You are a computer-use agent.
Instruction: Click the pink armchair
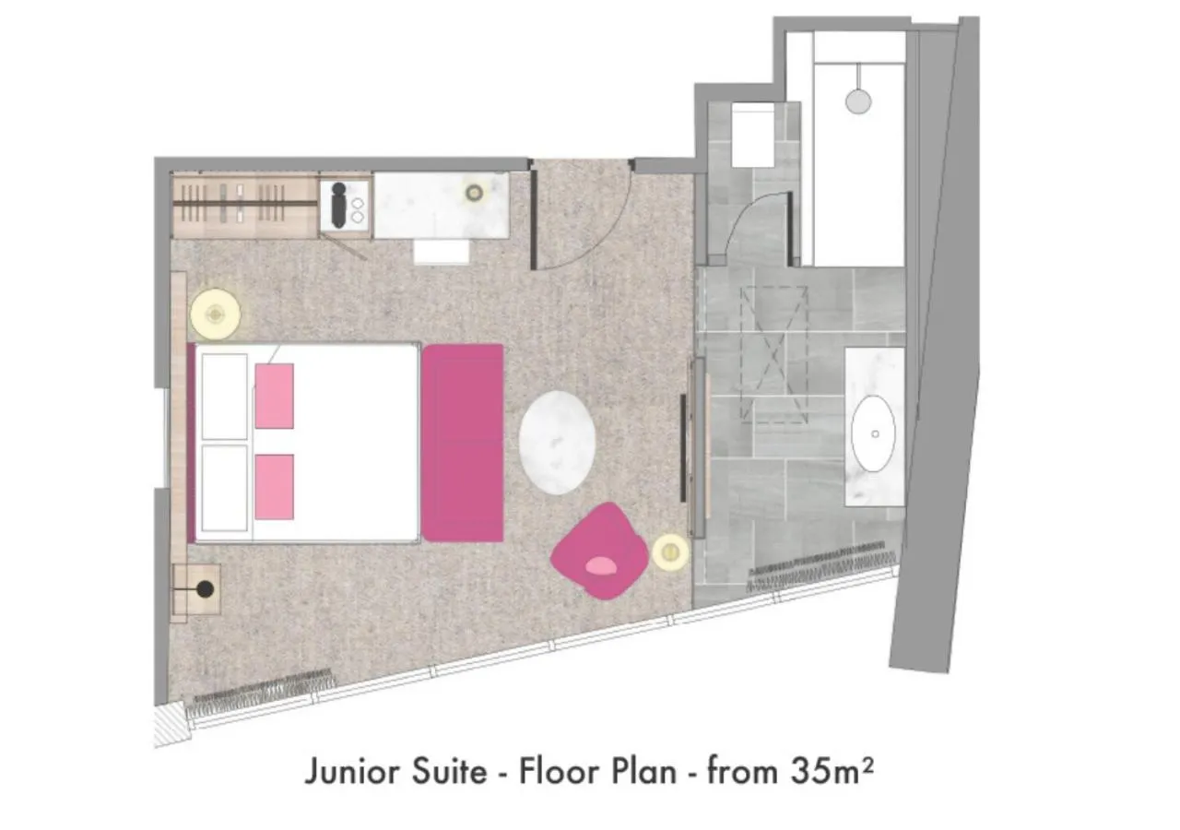click(x=599, y=551)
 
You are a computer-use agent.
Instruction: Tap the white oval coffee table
click(x=556, y=442)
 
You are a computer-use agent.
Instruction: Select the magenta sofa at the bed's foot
click(x=463, y=443)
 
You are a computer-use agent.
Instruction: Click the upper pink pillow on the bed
click(x=274, y=396)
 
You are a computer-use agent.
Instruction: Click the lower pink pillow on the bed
click(x=274, y=486)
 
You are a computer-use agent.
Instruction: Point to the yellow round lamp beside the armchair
click(x=670, y=552)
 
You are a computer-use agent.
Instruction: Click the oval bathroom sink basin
click(x=873, y=433)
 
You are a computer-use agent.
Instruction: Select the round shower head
click(x=857, y=100)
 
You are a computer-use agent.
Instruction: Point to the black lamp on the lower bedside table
click(x=205, y=588)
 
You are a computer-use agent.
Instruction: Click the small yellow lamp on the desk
click(x=475, y=193)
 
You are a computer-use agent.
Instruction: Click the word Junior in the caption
click(x=351, y=771)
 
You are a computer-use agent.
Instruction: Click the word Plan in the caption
click(x=644, y=771)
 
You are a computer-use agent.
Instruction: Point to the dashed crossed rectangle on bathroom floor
click(x=774, y=355)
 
